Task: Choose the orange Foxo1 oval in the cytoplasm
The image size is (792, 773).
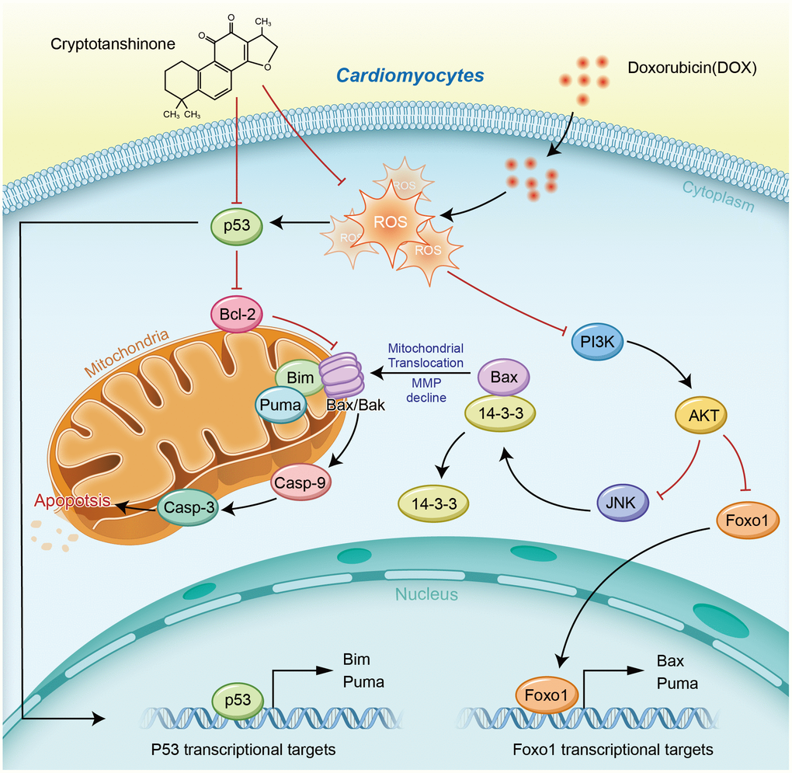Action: coord(741,519)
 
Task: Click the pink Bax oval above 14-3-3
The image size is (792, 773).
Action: coord(503,377)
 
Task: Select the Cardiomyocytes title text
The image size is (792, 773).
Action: coord(410,76)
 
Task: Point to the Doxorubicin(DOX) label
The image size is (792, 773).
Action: coord(691,68)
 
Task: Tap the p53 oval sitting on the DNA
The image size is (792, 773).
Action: coord(238,700)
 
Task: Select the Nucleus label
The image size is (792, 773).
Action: coord(427,594)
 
